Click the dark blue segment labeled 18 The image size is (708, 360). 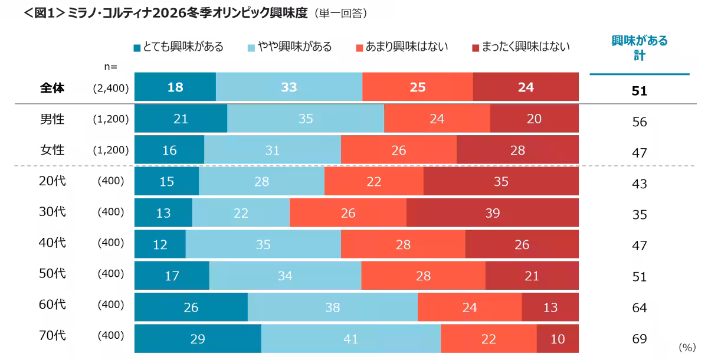pyautogui.click(x=175, y=87)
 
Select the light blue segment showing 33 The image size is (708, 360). pyautogui.click(x=289, y=87)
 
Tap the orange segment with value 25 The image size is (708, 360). pyautogui.click(x=418, y=87)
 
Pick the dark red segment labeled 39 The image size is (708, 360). pyautogui.click(x=493, y=212)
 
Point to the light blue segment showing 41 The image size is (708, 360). pyautogui.click(x=350, y=339)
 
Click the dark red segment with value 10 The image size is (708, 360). pyautogui.click(x=558, y=339)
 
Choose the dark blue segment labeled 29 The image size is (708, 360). pyautogui.click(x=197, y=339)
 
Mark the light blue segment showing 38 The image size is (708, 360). pyautogui.click(x=332, y=307)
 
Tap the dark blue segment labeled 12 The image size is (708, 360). pyautogui.click(x=160, y=244)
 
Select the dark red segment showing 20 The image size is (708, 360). pyautogui.click(x=534, y=119)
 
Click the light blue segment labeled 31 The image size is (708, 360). pyautogui.click(x=272, y=150)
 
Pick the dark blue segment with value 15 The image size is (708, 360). pyautogui.click(x=166, y=182)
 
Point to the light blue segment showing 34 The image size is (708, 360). pyautogui.click(x=285, y=276)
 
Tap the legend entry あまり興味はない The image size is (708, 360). pyautogui.click(x=402, y=47)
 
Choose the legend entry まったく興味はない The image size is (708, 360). pyautogui.click(x=521, y=47)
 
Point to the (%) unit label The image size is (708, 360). pyautogui.click(x=687, y=348)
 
